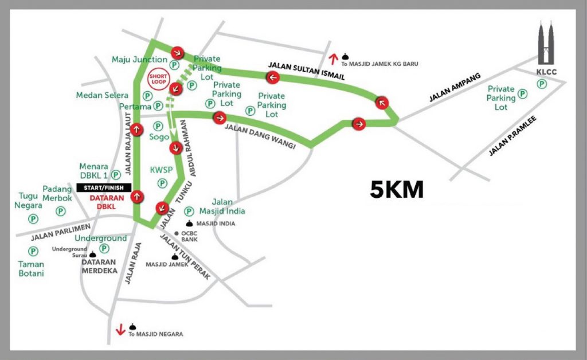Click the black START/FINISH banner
pyautogui.click(x=104, y=187)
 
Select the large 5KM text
pyautogui.click(x=397, y=190)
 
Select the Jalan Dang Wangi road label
pyautogui.click(x=261, y=137)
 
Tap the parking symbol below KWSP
pyautogui.click(x=162, y=183)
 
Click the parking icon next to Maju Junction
pyautogui.click(x=173, y=60)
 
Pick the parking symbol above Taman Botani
pyautogui.click(x=33, y=251)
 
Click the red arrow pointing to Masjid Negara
pyautogui.click(x=121, y=330)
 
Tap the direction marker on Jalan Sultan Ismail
pyautogui.click(x=272, y=76)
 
